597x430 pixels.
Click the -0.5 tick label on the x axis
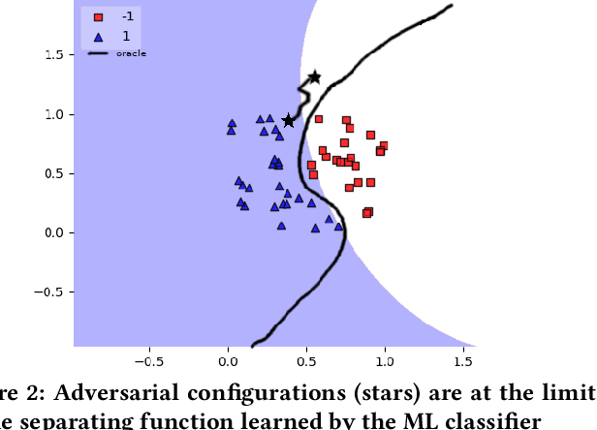click(148, 360)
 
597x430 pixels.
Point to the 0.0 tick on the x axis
click(228, 360)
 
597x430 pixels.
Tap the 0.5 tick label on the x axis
click(306, 360)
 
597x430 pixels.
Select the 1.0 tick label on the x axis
click(385, 360)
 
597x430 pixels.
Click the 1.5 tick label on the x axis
click(463, 360)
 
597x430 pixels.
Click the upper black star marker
click(314, 77)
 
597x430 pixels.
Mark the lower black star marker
click(288, 120)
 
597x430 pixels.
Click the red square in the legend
click(98, 17)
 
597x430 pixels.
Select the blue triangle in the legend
click(98, 36)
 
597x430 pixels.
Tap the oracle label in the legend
click(131, 53)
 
